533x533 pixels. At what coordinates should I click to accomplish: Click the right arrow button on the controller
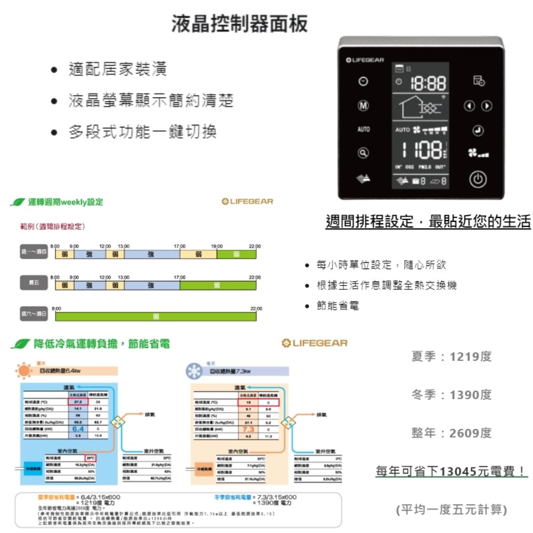click(x=486, y=106)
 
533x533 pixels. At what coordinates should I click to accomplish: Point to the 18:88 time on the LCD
click(x=427, y=84)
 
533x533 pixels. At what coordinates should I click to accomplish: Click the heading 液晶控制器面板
click(x=239, y=24)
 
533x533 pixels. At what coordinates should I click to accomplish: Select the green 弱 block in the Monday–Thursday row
click(x=236, y=255)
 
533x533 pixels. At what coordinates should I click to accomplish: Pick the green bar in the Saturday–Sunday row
click(x=156, y=317)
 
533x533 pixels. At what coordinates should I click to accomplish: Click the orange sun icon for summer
click(x=25, y=369)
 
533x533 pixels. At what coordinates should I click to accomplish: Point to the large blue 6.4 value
click(x=77, y=428)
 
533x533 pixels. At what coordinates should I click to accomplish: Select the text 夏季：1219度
click(x=451, y=356)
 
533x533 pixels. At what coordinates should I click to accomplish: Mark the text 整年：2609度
click(x=451, y=433)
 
